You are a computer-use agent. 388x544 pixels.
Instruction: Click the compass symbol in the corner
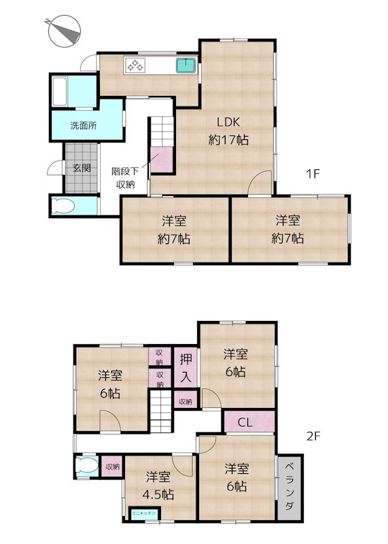coord(64,31)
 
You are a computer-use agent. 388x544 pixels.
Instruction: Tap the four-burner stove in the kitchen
coord(135,65)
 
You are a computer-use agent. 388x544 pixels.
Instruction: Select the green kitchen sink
coord(186,65)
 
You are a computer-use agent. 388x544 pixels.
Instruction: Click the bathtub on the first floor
coord(59,91)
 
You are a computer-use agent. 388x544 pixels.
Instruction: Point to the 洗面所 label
coord(84,125)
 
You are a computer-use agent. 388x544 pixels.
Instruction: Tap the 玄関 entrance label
coord(82,168)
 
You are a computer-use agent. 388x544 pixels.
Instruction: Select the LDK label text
coord(228,122)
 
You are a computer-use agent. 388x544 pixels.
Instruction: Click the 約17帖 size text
coord(228,140)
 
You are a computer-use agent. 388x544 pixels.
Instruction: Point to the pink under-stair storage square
coord(162,159)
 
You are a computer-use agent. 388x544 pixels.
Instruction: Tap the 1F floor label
coord(313,173)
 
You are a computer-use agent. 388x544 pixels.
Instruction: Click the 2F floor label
coord(313,436)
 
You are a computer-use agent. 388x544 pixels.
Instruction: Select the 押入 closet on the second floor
coord(186,367)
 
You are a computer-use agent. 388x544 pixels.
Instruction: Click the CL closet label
coord(245,422)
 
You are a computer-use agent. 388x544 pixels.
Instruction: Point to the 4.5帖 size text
coord(158,494)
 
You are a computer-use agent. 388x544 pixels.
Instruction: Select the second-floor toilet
coord(86,466)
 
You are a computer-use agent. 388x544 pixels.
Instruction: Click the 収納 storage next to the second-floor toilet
coord(112,466)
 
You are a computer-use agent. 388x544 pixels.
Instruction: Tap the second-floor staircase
coord(161,411)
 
